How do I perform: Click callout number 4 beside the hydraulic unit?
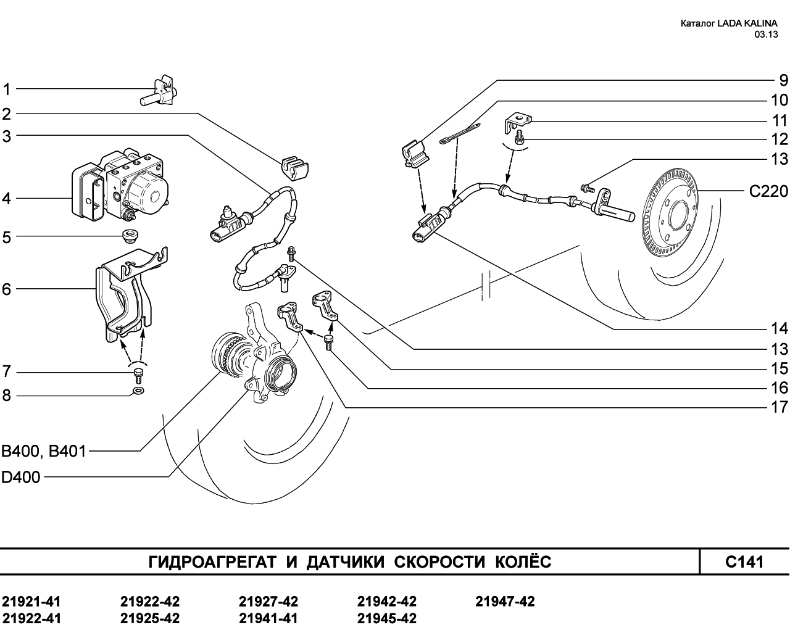(x=7, y=199)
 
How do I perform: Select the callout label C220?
(x=768, y=191)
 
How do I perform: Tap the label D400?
(x=20, y=477)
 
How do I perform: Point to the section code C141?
(x=744, y=562)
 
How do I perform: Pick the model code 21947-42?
(x=505, y=602)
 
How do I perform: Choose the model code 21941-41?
(x=268, y=618)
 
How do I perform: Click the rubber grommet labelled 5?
(x=129, y=235)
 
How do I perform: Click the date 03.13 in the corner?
(x=765, y=35)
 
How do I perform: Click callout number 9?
(x=783, y=80)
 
